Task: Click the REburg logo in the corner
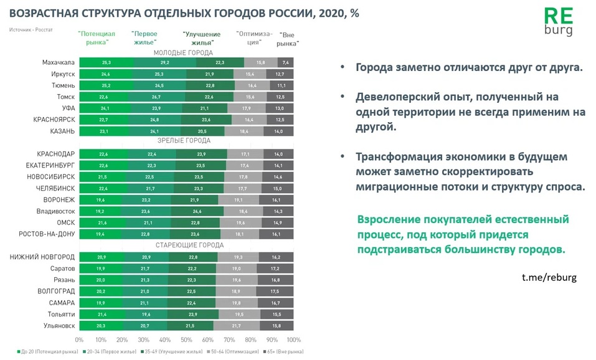coord(557,22)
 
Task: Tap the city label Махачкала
coord(59,62)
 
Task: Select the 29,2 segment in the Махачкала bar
coord(164,62)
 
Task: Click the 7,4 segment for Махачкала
coord(286,62)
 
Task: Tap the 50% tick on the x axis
coord(186,339)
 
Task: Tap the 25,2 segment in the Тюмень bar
coord(106,85)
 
